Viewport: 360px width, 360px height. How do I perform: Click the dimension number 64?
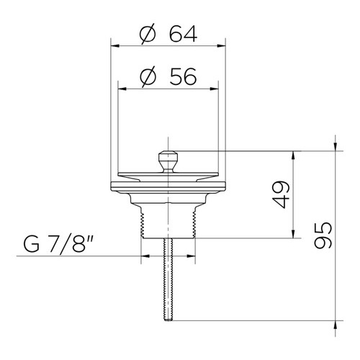point(183,34)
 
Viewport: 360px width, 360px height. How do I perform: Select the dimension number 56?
point(183,76)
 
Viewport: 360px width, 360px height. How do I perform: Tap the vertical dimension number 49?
point(282,194)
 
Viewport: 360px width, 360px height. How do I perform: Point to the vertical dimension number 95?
point(323,235)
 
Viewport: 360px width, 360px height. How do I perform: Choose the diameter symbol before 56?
point(148,77)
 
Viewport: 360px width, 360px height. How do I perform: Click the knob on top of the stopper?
point(168,161)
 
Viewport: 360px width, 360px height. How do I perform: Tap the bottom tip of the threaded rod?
point(168,320)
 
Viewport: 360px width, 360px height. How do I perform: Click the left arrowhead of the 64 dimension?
point(115,45)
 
